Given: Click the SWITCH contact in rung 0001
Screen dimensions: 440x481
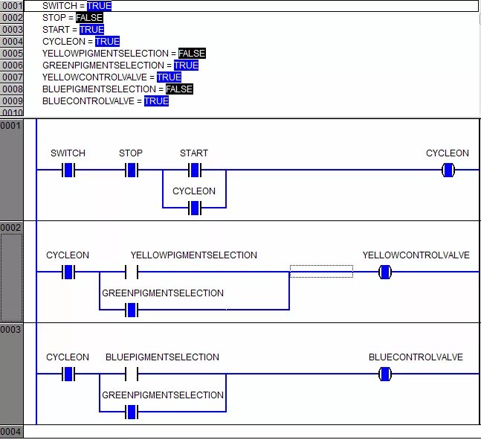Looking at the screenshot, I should pyautogui.click(x=68, y=170).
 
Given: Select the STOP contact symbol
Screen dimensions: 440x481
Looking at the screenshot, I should pyautogui.click(x=132, y=170).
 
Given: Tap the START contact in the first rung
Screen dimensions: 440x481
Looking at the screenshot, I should pyautogui.click(x=195, y=170).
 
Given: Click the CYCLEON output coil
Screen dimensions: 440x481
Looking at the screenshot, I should pyautogui.click(x=448, y=170).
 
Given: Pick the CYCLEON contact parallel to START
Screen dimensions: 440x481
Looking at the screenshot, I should pyautogui.click(x=195, y=208).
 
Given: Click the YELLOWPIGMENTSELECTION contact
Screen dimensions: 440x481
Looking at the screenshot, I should pyautogui.click(x=132, y=272).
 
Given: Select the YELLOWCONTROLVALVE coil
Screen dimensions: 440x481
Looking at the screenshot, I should pyautogui.click(x=384, y=272).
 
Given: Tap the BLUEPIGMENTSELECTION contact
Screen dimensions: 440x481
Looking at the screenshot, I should pyautogui.click(x=132, y=374).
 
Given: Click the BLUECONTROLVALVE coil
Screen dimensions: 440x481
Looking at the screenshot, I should pyautogui.click(x=384, y=374).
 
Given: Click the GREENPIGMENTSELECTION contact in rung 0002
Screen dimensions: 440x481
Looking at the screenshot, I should pyautogui.click(x=132, y=310).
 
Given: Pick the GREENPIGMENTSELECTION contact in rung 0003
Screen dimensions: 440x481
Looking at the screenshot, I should pyautogui.click(x=132, y=412).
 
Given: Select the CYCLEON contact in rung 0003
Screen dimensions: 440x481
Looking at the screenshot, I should pyautogui.click(x=68, y=374).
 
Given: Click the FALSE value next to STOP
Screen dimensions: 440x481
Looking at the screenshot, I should pyautogui.click(x=89, y=17).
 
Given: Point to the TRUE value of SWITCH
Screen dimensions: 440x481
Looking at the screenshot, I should pyautogui.click(x=99, y=5).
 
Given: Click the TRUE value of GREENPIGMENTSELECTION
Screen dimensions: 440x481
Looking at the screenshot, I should pyautogui.click(x=186, y=65).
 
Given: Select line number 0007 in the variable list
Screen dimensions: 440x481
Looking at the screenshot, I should pyautogui.click(x=12, y=77).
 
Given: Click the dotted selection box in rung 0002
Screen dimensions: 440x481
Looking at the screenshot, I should pyautogui.click(x=321, y=271).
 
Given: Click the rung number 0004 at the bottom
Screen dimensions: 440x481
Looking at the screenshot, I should pyautogui.click(x=12, y=432).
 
